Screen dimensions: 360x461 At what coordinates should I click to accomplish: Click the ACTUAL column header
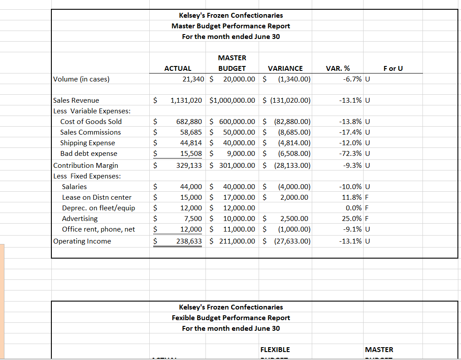(178, 68)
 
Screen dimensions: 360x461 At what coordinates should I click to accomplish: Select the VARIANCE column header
(285, 68)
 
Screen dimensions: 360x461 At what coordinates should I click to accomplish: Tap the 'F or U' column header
(393, 68)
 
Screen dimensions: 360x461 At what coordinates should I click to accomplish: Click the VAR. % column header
(337, 68)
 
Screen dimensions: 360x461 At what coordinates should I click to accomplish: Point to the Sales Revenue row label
(76, 101)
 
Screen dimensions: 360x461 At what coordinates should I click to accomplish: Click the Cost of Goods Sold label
(91, 121)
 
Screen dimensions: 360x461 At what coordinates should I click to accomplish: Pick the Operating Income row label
(82, 241)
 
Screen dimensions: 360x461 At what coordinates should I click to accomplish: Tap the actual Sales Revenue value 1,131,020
(186, 101)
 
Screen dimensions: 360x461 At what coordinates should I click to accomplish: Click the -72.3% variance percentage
(350, 154)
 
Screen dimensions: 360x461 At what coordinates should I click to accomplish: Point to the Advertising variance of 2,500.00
(294, 219)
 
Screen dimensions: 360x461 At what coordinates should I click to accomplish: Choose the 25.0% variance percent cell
(352, 219)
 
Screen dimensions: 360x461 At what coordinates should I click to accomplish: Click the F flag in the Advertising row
(367, 219)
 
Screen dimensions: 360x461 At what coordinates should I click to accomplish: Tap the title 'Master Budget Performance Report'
(231, 26)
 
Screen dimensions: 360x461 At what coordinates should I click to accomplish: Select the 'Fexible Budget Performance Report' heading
(231, 318)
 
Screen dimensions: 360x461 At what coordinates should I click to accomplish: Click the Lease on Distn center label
(97, 197)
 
